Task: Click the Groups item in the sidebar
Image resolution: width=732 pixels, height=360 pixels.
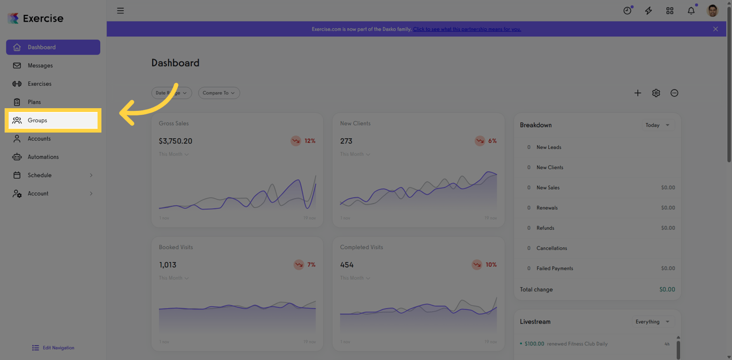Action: point(38,121)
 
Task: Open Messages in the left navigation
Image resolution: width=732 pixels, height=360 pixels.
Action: point(40,65)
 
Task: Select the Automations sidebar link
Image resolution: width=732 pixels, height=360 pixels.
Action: point(43,157)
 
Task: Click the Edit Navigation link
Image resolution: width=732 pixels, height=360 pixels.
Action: point(58,348)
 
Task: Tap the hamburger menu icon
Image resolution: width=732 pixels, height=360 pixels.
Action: point(121,11)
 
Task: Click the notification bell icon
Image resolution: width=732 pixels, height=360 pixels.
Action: point(691,11)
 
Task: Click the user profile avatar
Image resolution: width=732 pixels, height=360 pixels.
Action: point(712,11)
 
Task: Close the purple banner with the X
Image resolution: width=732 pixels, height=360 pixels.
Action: point(715,29)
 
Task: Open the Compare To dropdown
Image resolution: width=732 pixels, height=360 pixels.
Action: point(219,93)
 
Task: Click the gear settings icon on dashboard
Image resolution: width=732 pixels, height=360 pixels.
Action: point(656,93)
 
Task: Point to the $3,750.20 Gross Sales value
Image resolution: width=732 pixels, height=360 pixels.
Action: point(175,141)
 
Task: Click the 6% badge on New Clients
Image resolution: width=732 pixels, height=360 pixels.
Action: point(486,141)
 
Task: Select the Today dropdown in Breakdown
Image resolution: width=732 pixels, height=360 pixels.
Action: point(657,125)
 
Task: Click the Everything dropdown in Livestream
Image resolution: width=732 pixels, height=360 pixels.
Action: point(652,322)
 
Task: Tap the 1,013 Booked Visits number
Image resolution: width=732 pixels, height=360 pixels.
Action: point(167,265)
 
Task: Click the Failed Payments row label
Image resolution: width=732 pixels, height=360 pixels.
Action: point(555,268)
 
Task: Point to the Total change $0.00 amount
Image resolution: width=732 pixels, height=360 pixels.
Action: point(667,289)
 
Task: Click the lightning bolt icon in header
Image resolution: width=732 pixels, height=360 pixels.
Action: point(648,11)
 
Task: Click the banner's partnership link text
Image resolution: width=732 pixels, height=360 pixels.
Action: point(467,29)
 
